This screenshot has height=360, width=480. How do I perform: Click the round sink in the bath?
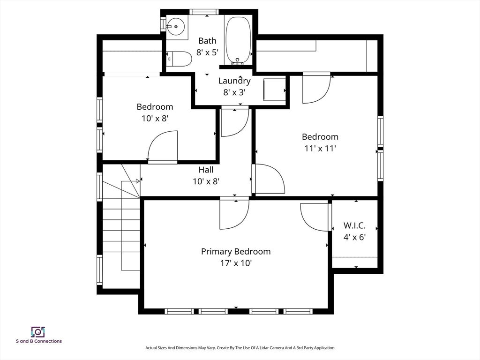[x=176, y=27]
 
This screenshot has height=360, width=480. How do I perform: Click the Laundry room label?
[x=234, y=81]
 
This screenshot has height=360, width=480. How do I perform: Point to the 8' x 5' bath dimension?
[x=207, y=52]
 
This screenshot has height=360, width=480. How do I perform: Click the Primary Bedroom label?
[x=236, y=252]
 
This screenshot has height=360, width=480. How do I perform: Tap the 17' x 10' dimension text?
[x=236, y=263]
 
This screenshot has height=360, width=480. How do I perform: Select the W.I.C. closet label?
[x=354, y=225]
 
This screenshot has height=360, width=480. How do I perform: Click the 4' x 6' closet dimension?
[x=354, y=237]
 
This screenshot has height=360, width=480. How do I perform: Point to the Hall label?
[x=206, y=170]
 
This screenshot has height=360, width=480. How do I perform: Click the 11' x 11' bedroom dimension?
[x=320, y=149]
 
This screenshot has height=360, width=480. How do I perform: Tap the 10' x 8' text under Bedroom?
[x=155, y=119]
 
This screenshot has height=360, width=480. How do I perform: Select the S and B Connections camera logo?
[x=38, y=332]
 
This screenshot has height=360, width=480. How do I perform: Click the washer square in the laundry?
[x=275, y=90]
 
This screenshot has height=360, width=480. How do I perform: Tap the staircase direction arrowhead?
[x=138, y=181]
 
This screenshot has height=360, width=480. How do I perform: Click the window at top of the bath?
[x=204, y=12]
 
